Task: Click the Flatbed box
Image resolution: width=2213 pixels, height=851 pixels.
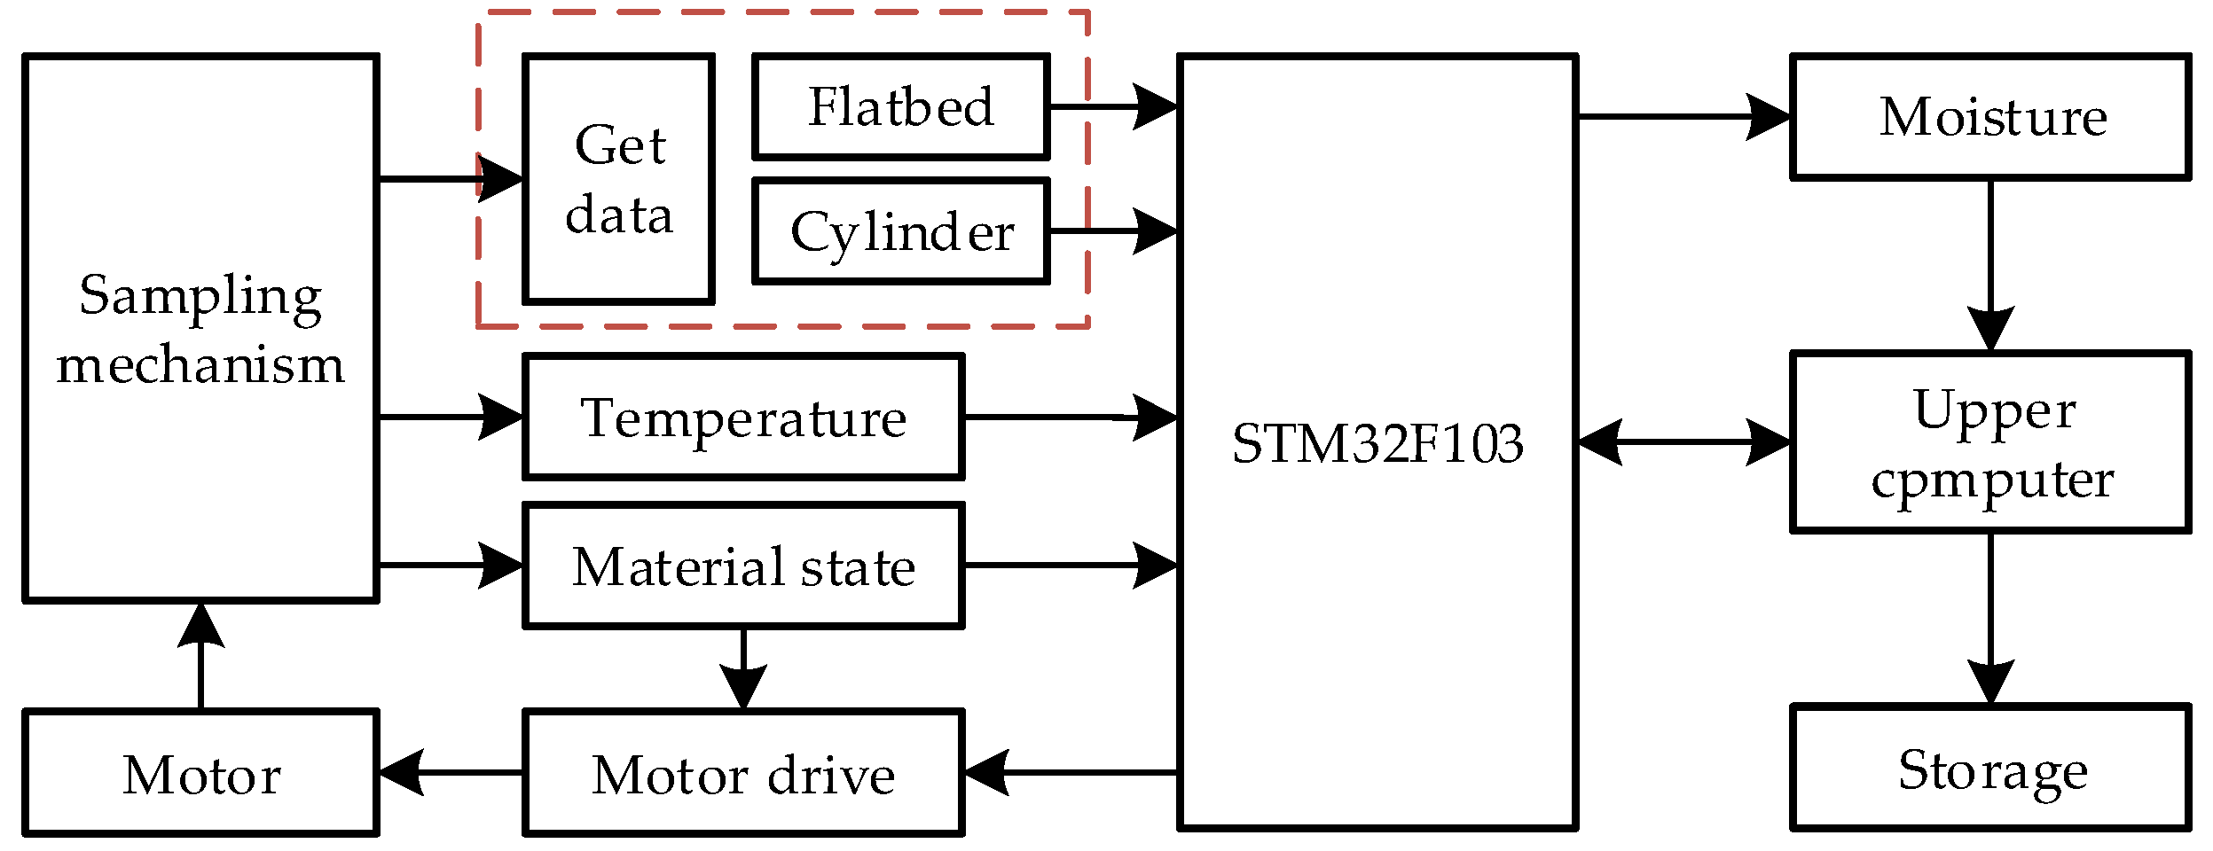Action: (900, 106)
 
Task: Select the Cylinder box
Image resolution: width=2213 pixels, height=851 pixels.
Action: (900, 231)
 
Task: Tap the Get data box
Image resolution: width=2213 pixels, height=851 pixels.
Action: (618, 179)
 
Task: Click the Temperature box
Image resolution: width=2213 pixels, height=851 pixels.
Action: (742, 417)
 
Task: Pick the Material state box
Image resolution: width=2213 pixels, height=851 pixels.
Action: (742, 566)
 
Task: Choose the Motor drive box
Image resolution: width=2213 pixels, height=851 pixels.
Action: (742, 773)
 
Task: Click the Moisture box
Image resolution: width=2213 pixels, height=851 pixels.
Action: (1990, 116)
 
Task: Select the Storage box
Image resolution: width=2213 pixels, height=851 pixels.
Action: (1990, 769)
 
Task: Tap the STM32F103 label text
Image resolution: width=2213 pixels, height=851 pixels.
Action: (1377, 443)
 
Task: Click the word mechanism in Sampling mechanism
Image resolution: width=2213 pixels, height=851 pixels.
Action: (200, 364)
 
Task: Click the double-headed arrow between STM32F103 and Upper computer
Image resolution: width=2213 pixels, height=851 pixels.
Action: (1683, 441)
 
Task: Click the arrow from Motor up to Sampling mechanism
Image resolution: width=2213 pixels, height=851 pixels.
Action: (200, 656)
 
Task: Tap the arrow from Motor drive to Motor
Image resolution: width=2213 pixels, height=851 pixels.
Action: (451, 772)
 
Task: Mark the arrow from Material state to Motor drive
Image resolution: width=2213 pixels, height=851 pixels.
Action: (742, 668)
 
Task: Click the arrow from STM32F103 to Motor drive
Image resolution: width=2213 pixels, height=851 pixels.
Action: (1070, 772)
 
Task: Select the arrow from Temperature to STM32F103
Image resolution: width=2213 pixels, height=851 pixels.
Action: (1070, 417)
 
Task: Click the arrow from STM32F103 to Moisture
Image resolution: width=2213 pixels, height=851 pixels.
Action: (1683, 116)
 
